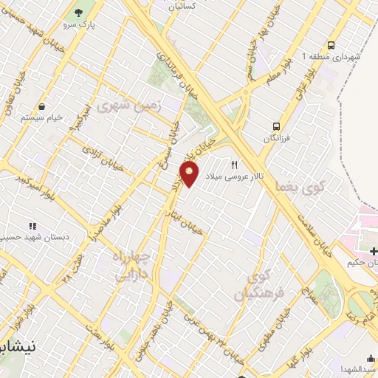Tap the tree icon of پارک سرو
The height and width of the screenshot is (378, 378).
point(79,13)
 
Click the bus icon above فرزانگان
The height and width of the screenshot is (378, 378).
point(276,126)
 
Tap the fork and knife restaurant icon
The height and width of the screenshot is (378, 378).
point(235,165)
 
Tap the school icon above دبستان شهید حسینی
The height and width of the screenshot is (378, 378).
point(32,225)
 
